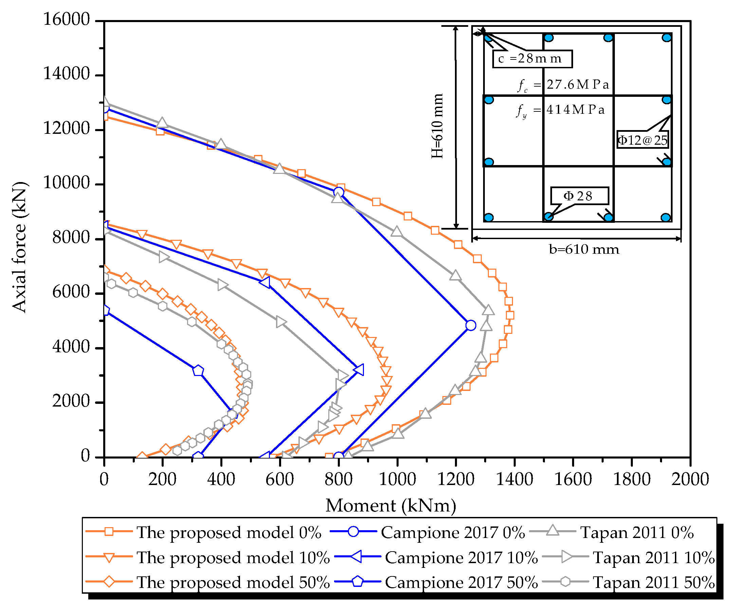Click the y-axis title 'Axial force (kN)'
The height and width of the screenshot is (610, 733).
pos(19,247)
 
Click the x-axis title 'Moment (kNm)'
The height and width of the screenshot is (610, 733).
pos(390,506)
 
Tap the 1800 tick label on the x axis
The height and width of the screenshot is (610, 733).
pos(631,479)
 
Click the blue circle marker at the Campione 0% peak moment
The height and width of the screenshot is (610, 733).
pos(471,325)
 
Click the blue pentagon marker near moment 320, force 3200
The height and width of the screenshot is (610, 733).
pos(198,371)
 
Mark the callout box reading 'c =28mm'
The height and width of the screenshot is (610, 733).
pos(532,59)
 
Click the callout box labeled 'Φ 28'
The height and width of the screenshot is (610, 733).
pos(580,196)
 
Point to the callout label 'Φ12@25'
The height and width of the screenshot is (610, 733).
pos(642,140)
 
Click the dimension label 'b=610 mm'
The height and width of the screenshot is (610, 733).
pos(584,249)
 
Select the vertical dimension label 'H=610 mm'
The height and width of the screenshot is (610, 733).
pos(437,126)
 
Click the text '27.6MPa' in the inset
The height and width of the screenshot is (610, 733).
pos(578,85)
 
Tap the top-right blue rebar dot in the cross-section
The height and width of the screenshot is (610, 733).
pos(667,38)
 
